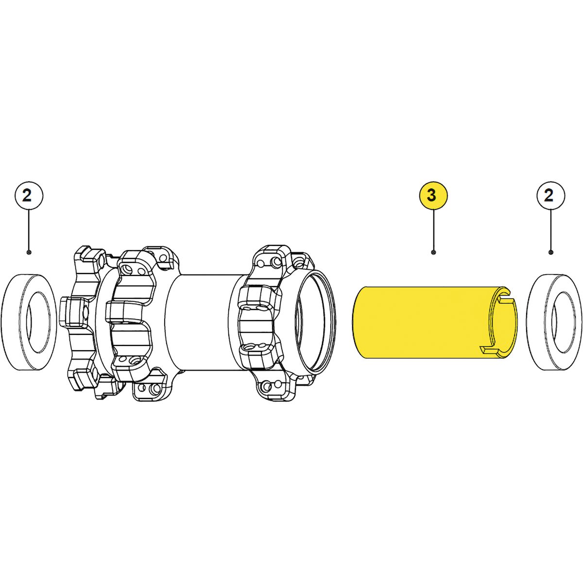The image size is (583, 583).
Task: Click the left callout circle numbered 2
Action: point(29,196)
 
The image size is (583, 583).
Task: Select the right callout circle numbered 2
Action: point(550,196)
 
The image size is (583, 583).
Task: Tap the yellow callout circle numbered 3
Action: point(433,196)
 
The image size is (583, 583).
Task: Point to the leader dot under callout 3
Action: point(433,252)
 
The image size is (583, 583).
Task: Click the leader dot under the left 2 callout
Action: point(29,252)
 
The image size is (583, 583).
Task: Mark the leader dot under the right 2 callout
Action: point(550,252)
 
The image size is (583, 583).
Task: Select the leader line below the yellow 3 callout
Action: point(433,231)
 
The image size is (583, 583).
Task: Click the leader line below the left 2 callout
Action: point(29,231)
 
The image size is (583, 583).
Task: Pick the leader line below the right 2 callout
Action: point(550,231)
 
